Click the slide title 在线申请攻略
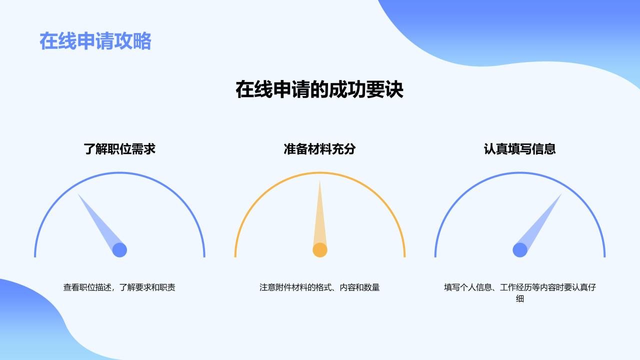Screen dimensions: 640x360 click(x=95, y=41)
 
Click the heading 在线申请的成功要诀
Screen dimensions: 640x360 click(x=319, y=89)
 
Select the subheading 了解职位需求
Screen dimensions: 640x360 click(x=119, y=149)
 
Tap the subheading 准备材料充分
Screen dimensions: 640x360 click(x=319, y=149)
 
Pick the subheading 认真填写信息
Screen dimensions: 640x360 click(x=519, y=149)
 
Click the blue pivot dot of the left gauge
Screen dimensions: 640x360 click(x=119, y=250)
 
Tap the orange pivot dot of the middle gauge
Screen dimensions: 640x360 click(x=320, y=250)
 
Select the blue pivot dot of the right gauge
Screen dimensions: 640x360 click(x=520, y=250)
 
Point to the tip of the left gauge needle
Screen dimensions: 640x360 click(x=77, y=193)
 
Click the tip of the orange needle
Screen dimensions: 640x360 click(x=319, y=180)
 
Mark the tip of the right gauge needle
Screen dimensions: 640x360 click(x=561, y=193)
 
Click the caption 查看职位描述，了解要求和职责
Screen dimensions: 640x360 click(x=119, y=287)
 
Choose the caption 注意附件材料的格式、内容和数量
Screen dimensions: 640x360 click(x=319, y=287)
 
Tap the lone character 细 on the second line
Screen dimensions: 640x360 click(x=520, y=298)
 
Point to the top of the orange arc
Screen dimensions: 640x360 click(x=320, y=172)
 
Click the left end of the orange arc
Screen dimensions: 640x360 click(x=235, y=256)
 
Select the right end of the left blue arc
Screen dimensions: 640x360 click(x=204, y=256)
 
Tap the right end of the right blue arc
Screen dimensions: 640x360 click(x=604, y=256)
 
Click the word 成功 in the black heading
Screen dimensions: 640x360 click(x=347, y=89)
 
